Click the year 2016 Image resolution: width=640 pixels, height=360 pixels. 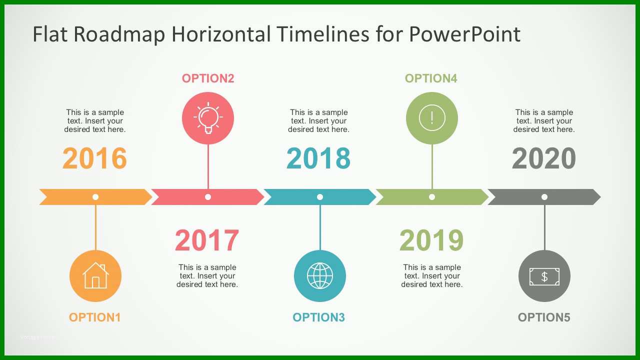94,158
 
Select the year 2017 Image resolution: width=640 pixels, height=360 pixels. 207,240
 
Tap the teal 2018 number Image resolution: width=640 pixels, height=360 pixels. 318,158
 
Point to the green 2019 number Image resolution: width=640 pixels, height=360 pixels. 431,240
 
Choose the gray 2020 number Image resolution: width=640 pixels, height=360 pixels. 544,158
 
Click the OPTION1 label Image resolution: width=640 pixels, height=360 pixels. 94,317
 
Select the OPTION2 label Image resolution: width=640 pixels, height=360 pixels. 208,78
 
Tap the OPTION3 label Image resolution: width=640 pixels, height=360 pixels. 318,317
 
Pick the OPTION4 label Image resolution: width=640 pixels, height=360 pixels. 431,78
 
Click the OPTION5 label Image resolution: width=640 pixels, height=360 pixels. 544,317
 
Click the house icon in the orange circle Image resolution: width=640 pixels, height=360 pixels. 95,275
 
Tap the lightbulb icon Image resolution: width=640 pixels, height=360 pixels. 208,117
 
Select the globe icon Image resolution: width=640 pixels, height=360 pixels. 320,275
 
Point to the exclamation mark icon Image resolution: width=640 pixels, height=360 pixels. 432,117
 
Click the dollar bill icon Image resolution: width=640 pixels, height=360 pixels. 544,276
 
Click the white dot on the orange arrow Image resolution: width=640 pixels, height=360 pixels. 95,197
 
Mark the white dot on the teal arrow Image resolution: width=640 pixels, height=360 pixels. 320,197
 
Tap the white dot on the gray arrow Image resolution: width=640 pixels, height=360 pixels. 544,197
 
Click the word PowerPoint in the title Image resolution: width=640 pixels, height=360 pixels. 465,34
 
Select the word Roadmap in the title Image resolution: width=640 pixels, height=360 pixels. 119,34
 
